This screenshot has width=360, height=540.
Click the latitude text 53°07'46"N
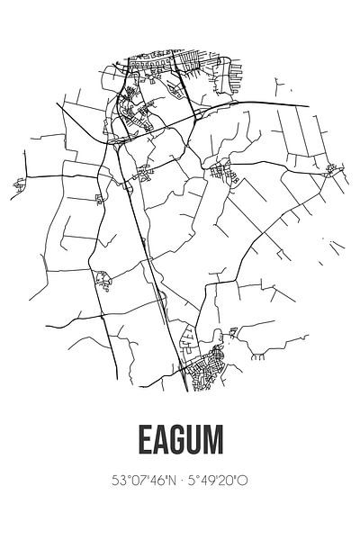143,481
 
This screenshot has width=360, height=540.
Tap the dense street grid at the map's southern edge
216,364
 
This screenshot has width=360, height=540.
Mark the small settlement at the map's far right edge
334,168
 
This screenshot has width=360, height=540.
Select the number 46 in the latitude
157,481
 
